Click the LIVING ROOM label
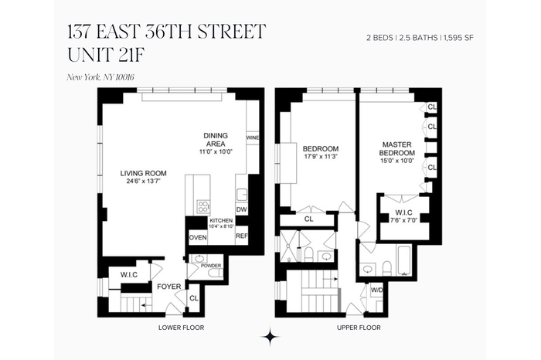[143, 174]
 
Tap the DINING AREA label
[216, 140]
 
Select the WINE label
[253, 138]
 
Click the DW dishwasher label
[241, 209]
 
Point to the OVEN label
[198, 238]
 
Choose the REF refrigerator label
[242, 236]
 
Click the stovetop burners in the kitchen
[202, 206]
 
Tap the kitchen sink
[241, 195]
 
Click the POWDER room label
[211, 266]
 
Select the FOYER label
[169, 287]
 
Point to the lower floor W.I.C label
[129, 275]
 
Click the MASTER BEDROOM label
[397, 148]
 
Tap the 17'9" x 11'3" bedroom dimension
[320, 156]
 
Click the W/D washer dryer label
[377, 290]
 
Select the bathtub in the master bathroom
[404, 260]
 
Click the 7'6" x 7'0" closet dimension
[403, 220]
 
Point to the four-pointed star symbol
[270, 336]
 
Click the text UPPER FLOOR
[359, 328]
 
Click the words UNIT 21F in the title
[105, 55]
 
